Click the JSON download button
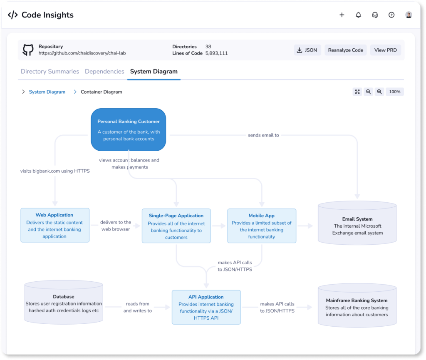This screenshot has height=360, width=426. pyautogui.click(x=307, y=50)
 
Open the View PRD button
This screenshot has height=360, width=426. pyautogui.click(x=385, y=50)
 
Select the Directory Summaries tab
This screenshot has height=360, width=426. pyautogui.click(x=50, y=72)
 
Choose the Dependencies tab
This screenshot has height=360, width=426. pyautogui.click(x=104, y=72)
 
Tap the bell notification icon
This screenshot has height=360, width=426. pyautogui.click(x=358, y=15)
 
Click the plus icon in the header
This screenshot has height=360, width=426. pyautogui.click(x=342, y=15)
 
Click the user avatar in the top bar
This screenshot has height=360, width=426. pyautogui.click(x=409, y=15)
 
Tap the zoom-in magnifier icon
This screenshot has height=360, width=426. pyautogui.click(x=379, y=92)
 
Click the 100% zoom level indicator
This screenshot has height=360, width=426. pyautogui.click(x=394, y=92)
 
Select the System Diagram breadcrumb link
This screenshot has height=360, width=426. pyautogui.click(x=47, y=92)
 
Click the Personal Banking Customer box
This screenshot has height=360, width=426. pyautogui.click(x=129, y=129)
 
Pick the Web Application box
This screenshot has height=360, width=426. pyautogui.click(x=55, y=225)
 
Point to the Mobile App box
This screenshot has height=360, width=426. pyautogui.click(x=262, y=226)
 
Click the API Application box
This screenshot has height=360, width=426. pyautogui.click(x=206, y=307)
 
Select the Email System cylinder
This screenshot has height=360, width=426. pyautogui.click(x=357, y=223)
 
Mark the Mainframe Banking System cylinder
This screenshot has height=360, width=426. pyautogui.click(x=357, y=305)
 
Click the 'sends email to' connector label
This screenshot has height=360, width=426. pyautogui.click(x=263, y=135)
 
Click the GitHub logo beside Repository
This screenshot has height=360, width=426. pyautogui.click(x=28, y=50)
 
